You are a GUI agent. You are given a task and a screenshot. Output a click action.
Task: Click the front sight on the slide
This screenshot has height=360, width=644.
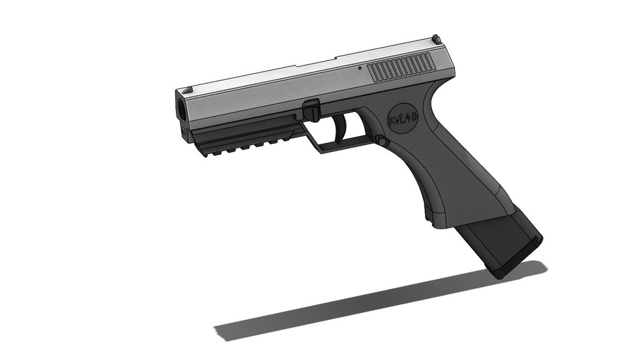pyautogui.click(x=187, y=88)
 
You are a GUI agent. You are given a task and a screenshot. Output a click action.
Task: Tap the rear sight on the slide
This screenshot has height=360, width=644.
pyautogui.click(x=435, y=40)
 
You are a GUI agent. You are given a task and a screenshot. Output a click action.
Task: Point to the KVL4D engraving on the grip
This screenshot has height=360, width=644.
pyautogui.click(x=403, y=121)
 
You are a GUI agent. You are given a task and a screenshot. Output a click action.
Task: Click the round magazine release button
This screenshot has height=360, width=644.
pyautogui.click(x=380, y=141)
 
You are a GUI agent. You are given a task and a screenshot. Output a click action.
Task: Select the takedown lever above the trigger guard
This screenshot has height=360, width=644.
pyautogui.click(x=311, y=111)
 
